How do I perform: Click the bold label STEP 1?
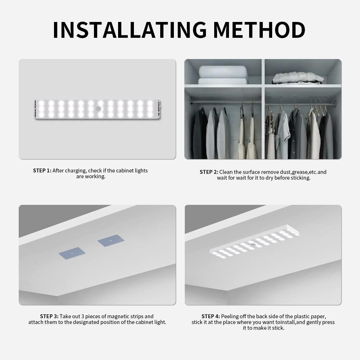point(42,171)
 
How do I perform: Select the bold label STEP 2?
point(209,172)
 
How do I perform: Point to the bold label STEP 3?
point(49,316)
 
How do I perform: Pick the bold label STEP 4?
point(211,316)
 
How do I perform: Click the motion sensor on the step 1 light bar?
point(100,109)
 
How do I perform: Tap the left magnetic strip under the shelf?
point(72,252)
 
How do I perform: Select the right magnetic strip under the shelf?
point(111,240)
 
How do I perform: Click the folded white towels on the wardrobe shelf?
point(223,75)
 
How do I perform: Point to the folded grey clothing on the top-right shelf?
point(298,78)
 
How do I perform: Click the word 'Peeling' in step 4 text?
point(230,316)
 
